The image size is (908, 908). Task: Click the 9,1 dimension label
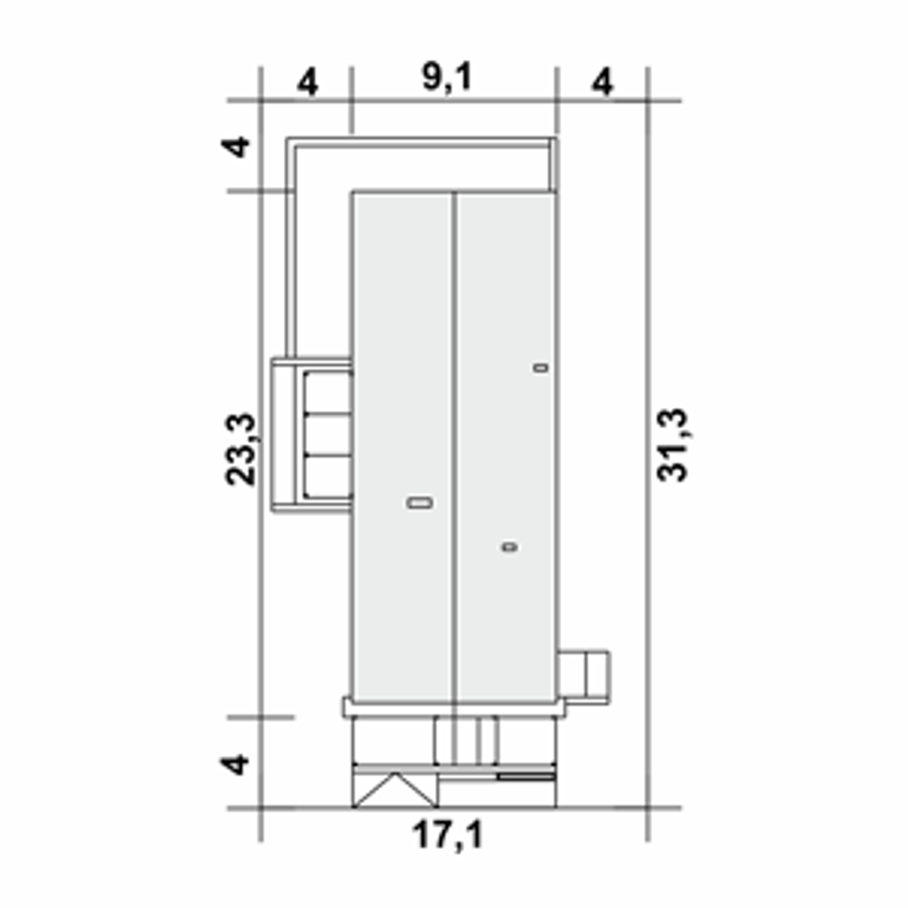[x=447, y=77]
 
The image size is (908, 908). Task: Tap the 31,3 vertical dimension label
[x=672, y=445]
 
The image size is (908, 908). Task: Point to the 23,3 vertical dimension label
[x=240, y=449]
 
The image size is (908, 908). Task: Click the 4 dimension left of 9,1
[x=307, y=82]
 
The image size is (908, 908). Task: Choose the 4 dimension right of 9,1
[x=602, y=82]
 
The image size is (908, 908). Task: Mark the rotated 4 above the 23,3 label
[x=235, y=147]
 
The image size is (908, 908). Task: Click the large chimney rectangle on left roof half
[x=419, y=503]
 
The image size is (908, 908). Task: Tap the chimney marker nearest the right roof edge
[x=541, y=367]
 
